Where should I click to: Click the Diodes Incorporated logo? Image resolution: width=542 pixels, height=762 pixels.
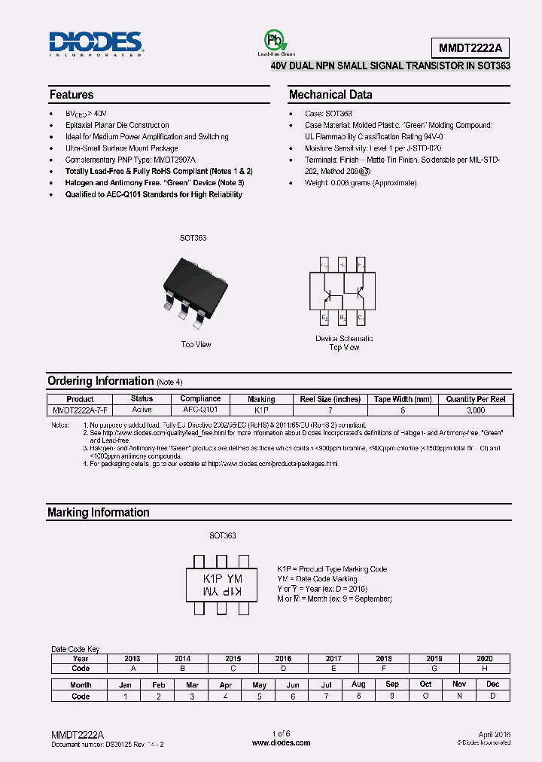tap(95, 44)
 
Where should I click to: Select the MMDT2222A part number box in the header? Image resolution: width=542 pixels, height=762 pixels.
tap(470, 48)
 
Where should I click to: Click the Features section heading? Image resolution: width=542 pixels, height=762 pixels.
tap(72, 95)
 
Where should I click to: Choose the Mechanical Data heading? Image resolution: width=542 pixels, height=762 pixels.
tap(330, 95)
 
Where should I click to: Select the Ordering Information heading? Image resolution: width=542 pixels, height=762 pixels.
tap(100, 381)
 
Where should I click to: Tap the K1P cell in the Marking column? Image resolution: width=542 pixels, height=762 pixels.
tap(261, 410)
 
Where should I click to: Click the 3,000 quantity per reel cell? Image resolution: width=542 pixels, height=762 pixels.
tap(476, 410)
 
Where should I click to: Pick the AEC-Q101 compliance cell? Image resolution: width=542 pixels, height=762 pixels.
tap(200, 410)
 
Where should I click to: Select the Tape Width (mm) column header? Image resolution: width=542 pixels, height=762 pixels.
tap(403, 399)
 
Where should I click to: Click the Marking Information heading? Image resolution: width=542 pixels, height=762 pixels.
tap(99, 512)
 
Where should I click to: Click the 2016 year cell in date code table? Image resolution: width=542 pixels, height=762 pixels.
tap(283, 658)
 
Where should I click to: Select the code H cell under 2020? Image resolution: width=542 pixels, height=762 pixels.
tap(485, 669)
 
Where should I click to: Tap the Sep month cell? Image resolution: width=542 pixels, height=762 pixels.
tap(392, 684)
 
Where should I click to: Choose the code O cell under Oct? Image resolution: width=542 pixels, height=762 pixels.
tap(426, 696)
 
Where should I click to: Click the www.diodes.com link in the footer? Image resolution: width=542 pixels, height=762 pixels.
tap(281, 742)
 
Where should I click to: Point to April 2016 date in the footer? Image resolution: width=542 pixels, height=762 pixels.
tap(495, 733)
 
